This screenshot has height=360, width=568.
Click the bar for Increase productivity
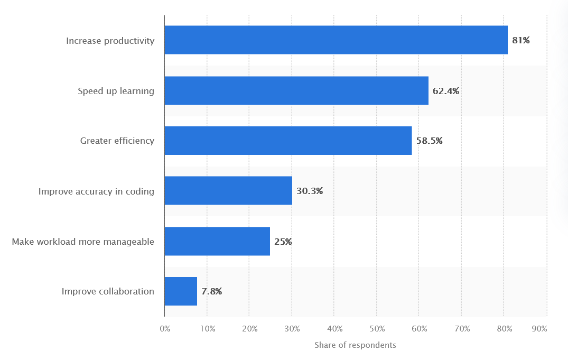(x=336, y=40)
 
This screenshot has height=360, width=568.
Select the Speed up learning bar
(x=296, y=90)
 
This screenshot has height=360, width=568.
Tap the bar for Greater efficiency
(x=288, y=141)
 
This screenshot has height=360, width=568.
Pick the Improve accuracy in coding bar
(x=228, y=190)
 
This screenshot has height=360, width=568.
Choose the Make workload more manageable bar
(x=217, y=241)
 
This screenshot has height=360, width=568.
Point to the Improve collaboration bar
(x=181, y=291)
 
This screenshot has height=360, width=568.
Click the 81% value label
(x=520, y=40)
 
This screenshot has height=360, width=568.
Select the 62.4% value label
(x=446, y=91)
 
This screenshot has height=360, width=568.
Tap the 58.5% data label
(x=429, y=141)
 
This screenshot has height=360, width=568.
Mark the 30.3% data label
(x=310, y=191)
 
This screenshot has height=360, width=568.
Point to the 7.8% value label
(x=211, y=291)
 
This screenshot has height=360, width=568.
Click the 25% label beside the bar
(x=283, y=242)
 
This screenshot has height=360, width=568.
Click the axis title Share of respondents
(x=355, y=345)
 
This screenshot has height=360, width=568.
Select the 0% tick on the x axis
(x=165, y=329)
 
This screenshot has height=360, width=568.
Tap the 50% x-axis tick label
(x=377, y=329)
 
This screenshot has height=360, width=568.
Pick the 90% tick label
(x=539, y=329)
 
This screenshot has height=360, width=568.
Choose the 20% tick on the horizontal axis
(x=250, y=329)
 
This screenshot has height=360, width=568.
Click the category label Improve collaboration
(x=108, y=291)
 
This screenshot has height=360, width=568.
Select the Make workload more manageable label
(x=83, y=242)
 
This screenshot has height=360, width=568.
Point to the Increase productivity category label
(x=110, y=40)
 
